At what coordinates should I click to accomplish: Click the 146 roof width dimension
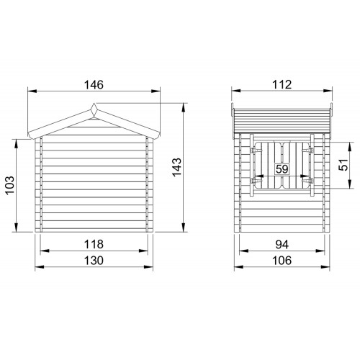94,85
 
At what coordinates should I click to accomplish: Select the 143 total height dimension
177,167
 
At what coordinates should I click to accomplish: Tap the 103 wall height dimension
10,185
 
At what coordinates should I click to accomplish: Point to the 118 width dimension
94,244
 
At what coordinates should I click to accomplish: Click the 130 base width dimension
94,261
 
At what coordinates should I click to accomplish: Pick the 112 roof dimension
282,85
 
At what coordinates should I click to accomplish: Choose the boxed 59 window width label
282,169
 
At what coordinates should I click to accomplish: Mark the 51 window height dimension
343,165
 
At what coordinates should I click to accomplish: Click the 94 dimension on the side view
282,245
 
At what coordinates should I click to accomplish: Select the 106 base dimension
282,261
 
